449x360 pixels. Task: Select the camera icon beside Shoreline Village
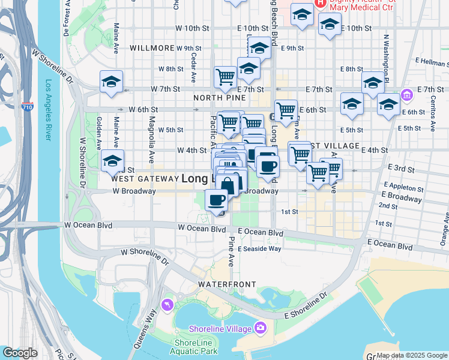[261, 328]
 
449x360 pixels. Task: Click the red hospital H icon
[321, 2]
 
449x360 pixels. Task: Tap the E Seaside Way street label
[259, 248]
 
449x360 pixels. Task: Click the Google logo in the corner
[20, 353]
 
